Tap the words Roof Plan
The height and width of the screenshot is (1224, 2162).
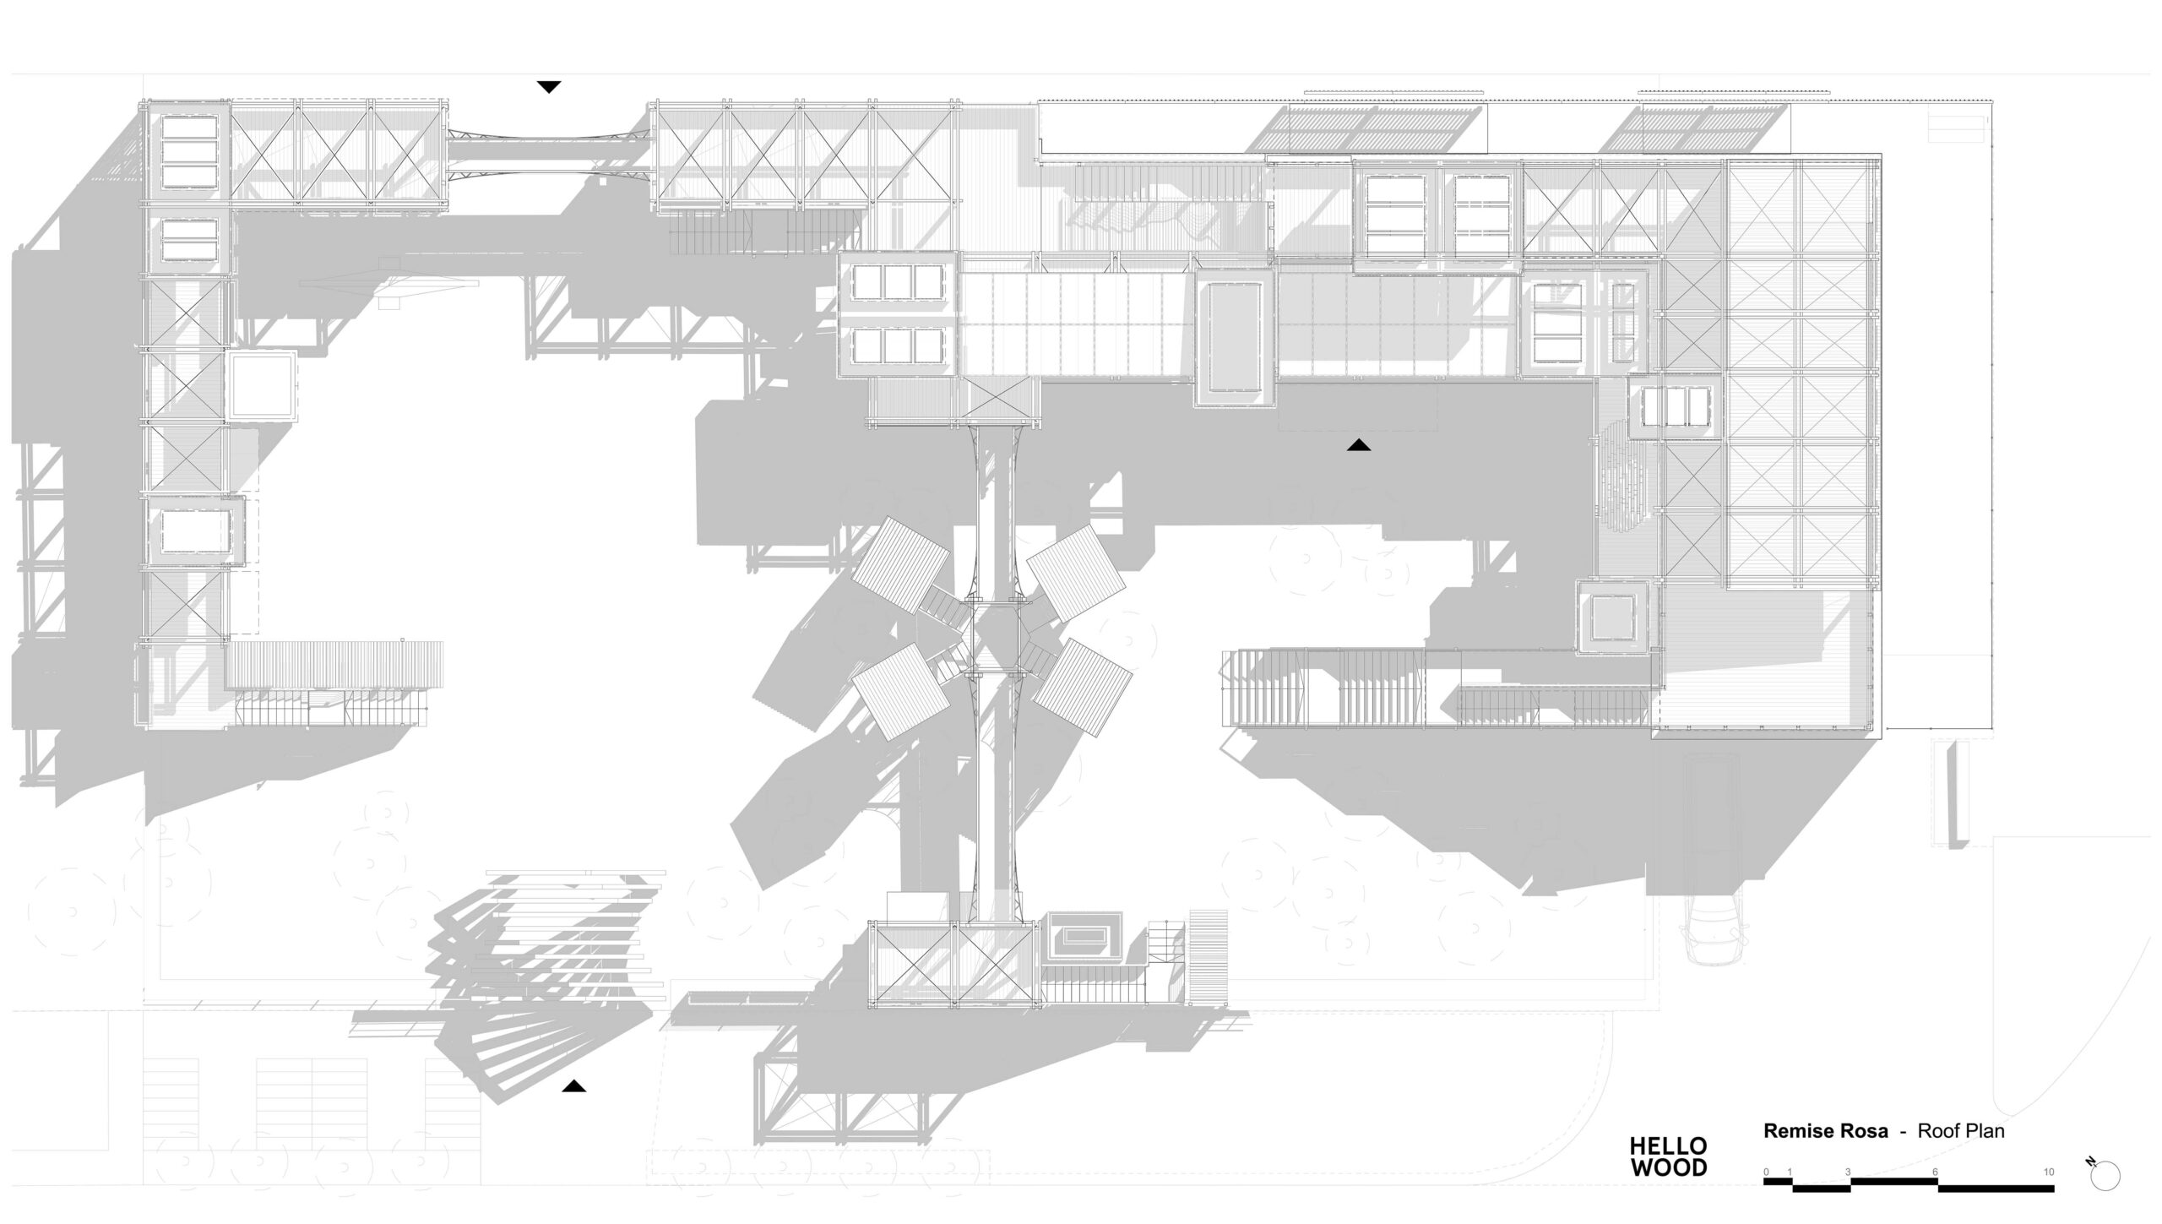pos(1961,1131)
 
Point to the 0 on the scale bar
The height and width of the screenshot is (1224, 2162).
pos(1766,1172)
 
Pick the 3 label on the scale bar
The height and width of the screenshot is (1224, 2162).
pos(1848,1172)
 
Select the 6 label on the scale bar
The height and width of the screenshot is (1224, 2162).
pos(1935,1172)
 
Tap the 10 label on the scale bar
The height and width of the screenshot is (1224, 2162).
pos(2049,1172)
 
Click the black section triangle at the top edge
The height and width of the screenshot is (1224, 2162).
pos(549,87)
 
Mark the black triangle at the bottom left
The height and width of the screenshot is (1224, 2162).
pos(574,1086)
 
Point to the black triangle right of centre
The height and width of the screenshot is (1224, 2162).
pos(1359,445)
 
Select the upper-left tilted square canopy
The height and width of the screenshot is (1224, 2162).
pos(900,563)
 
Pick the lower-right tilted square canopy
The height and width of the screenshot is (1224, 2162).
pos(1082,686)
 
